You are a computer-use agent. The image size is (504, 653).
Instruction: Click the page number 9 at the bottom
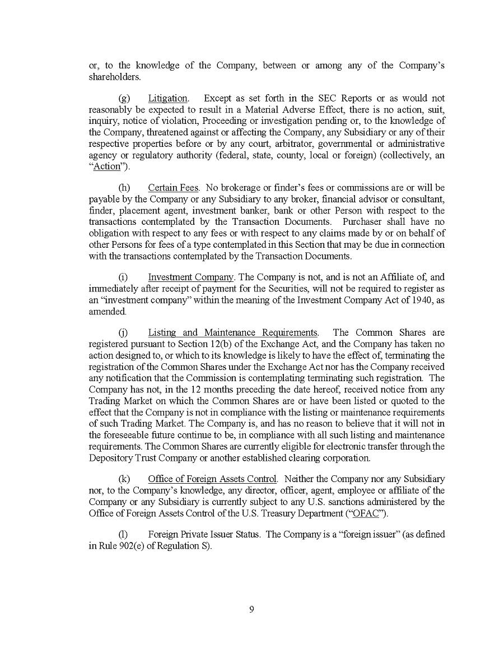pos(251,610)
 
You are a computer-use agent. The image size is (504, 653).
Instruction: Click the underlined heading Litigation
pos(167,99)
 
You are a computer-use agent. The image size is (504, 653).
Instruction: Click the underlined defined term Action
pos(107,166)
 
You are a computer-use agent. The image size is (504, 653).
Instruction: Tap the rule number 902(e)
pos(130,546)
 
